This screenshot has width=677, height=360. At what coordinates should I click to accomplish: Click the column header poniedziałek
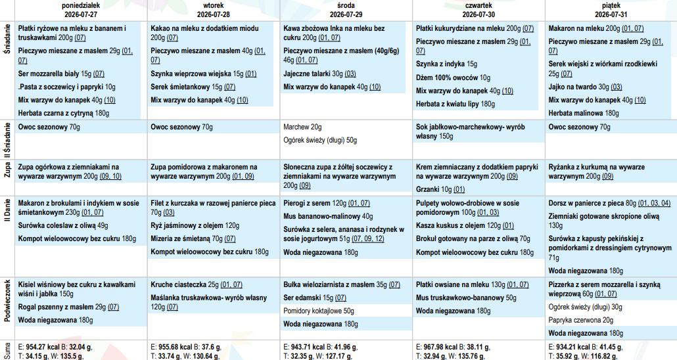[81, 6]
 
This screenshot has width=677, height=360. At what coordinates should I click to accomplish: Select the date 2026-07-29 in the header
[346, 14]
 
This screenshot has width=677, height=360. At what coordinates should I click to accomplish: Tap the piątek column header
[611, 6]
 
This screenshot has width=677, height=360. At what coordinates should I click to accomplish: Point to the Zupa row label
[7, 171]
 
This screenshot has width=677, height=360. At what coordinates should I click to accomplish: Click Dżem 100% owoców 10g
[453, 78]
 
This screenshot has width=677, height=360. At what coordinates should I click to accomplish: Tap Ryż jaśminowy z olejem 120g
[195, 226]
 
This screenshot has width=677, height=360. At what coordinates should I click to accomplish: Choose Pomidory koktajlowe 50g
[319, 311]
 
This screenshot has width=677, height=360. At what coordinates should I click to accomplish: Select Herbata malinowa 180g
[583, 114]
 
